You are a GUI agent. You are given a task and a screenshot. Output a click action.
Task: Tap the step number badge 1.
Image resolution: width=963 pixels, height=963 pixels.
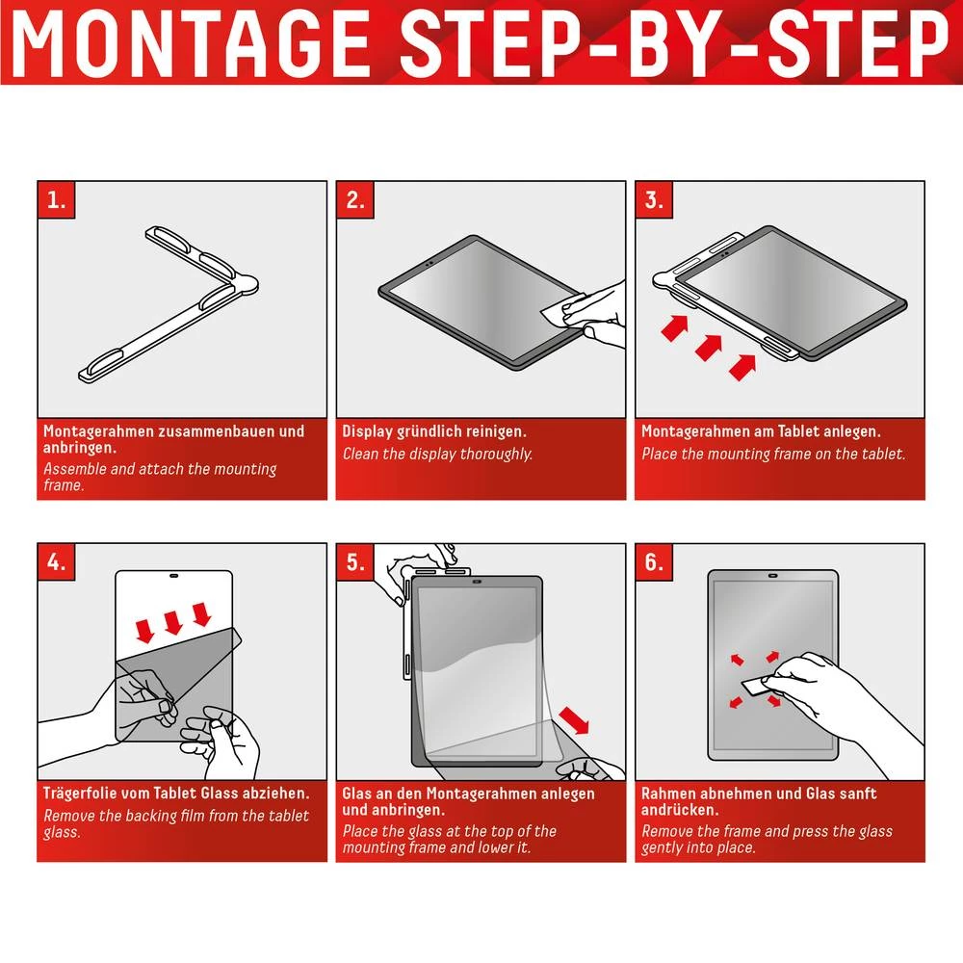coord(58,200)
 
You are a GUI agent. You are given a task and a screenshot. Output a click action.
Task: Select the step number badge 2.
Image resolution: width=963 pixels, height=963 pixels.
coord(356,200)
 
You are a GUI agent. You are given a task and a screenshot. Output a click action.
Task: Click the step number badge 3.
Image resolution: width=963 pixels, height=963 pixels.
coord(655,200)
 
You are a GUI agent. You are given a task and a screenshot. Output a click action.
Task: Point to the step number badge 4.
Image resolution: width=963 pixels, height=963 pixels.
coord(58,563)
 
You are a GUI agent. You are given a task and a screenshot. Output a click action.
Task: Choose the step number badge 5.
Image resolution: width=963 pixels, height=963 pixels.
coord(356,563)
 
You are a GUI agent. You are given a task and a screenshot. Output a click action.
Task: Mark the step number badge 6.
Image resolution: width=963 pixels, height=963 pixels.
coord(655,563)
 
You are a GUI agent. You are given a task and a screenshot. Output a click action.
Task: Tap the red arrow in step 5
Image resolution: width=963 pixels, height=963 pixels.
coord(576,719)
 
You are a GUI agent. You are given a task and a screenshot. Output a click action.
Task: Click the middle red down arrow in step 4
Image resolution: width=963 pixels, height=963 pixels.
coord(173,622)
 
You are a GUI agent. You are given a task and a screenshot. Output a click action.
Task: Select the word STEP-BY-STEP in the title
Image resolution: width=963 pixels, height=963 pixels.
coord(674,42)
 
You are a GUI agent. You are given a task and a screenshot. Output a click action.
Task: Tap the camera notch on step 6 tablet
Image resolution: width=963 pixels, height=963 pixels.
coord(773,576)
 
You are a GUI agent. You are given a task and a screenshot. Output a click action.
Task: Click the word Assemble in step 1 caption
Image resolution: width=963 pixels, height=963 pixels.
coord(74,469)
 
